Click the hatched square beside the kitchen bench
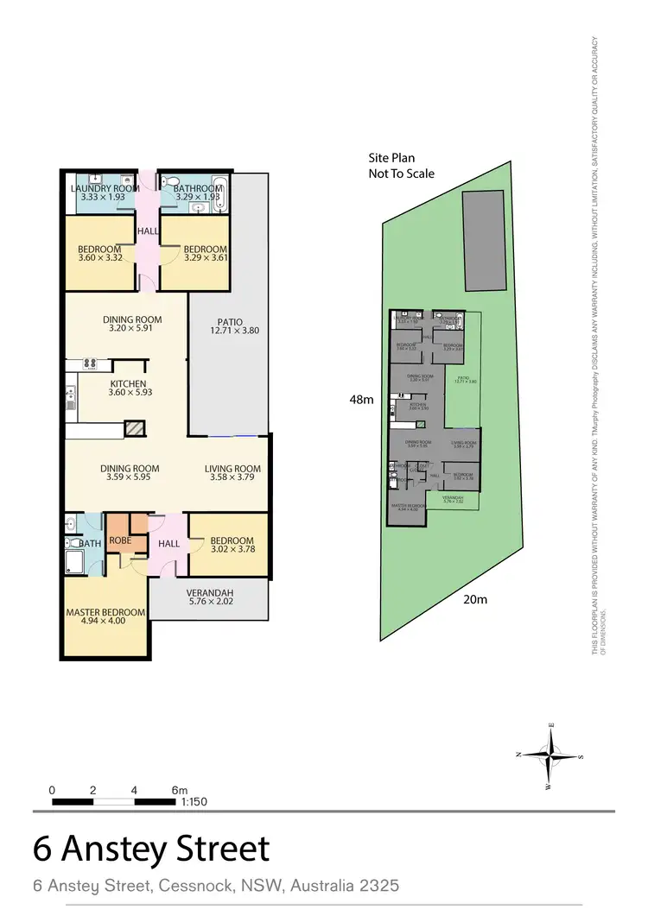134,428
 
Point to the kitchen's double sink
71,398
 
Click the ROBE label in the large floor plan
120,540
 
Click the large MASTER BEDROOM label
105,613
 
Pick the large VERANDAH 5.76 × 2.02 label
210,597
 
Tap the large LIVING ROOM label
232,470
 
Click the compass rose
550,754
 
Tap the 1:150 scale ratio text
194,802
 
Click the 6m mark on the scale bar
179,790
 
